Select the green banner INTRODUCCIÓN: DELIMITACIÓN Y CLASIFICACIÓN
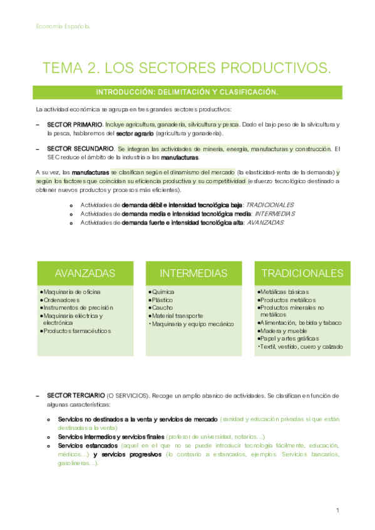click(187, 92)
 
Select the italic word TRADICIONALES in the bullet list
click(270, 204)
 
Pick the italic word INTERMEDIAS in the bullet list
click(272, 213)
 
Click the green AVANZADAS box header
click(85, 273)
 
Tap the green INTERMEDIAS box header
click(193, 273)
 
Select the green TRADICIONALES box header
click(302, 273)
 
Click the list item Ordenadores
click(61, 300)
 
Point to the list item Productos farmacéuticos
click(76, 331)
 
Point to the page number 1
click(337, 510)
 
